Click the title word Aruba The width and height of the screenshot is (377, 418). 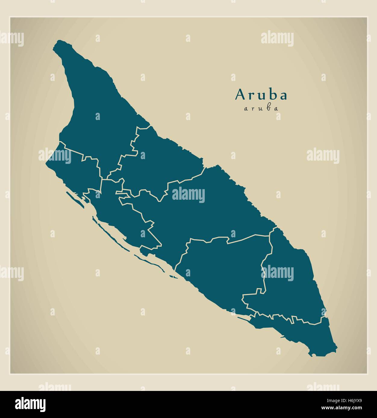(261, 95)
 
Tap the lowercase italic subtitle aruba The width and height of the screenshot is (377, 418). (261, 109)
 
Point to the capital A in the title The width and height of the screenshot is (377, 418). (240, 94)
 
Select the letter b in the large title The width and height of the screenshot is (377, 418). (273, 94)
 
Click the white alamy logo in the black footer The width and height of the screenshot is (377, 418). (30, 404)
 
